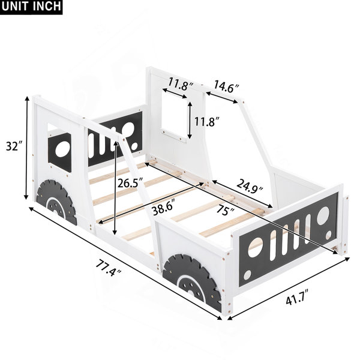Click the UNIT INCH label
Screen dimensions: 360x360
pyautogui.click(x=31, y=6)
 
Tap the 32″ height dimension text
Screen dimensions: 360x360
pyautogui.click(x=14, y=146)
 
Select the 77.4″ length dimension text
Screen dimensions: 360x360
pyautogui.click(x=108, y=268)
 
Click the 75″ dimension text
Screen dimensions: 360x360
pyautogui.click(x=226, y=209)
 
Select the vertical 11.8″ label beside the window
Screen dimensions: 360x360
pyautogui.click(x=207, y=122)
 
